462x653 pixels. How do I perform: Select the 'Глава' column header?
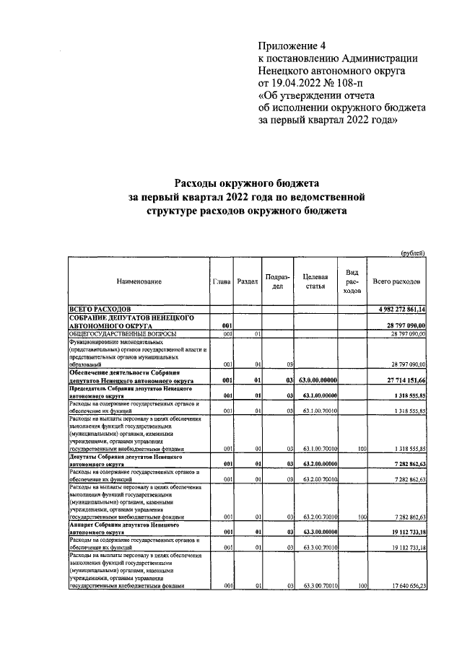click(222, 281)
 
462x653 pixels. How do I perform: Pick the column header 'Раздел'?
click(248, 281)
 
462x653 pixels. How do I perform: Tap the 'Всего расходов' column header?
click(396, 281)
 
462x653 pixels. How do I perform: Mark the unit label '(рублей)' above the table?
click(413, 252)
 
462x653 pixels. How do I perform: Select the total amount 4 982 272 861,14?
click(397, 309)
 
